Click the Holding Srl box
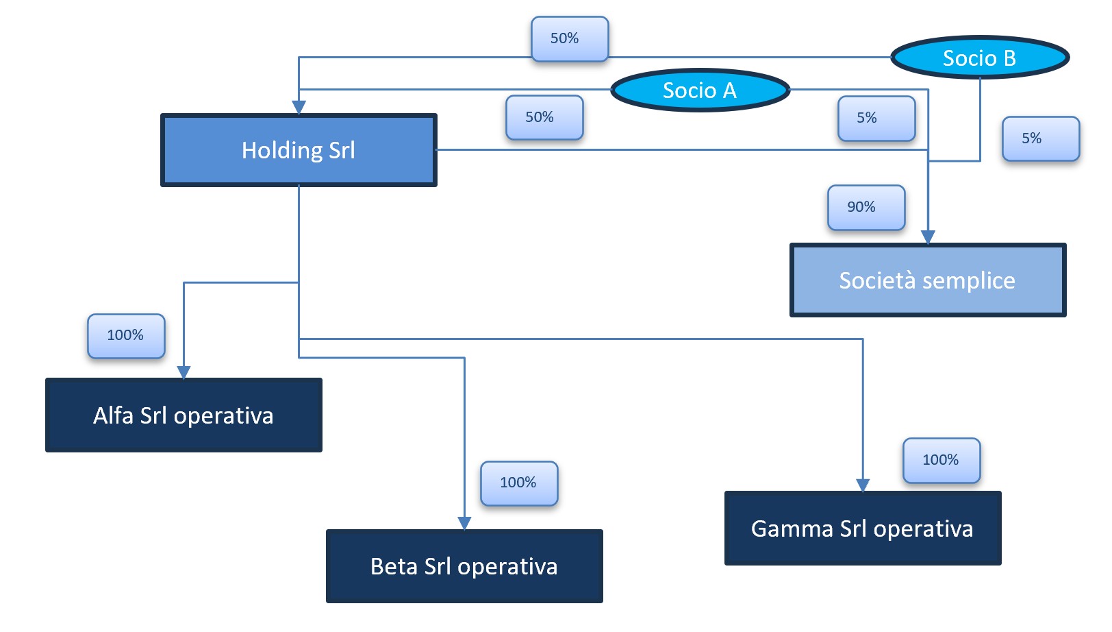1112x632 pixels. tap(299, 150)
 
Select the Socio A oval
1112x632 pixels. tap(700, 90)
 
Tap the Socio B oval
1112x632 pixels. tap(979, 58)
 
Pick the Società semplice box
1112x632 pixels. tap(927, 280)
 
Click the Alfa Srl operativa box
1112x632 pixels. tap(184, 415)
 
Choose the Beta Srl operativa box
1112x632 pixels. tap(464, 566)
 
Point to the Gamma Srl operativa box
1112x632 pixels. tap(862, 528)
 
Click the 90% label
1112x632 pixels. tap(865, 207)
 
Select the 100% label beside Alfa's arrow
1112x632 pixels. tap(126, 336)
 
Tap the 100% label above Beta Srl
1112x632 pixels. tap(519, 483)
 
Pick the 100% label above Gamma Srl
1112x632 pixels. tap(942, 461)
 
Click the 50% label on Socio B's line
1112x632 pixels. tap(569, 38)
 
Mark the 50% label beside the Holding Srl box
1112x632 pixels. tap(544, 117)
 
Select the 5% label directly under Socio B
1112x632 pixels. tap(1040, 138)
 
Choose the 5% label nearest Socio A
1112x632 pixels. tap(876, 118)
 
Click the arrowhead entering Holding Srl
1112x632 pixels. tap(299, 108)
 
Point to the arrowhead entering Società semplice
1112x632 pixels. tap(928, 237)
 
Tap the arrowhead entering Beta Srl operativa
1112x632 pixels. tap(464, 523)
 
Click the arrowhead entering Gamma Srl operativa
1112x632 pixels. tap(863, 485)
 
